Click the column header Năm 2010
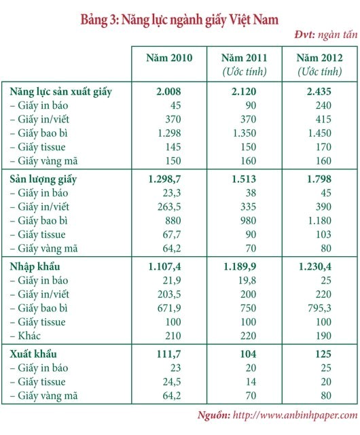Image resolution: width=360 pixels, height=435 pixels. pos(169,58)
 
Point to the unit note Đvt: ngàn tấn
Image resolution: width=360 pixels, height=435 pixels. pos(326,35)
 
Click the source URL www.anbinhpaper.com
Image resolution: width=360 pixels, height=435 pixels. pos(295,415)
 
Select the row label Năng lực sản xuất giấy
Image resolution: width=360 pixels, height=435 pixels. pos(60,92)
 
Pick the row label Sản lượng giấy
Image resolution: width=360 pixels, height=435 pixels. pos(43,179)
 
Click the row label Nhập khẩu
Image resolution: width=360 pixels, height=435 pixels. pos(35,267)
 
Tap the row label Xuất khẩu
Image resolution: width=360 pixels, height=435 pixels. pos(33,354)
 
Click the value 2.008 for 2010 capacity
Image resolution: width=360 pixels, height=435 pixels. pos(168,92)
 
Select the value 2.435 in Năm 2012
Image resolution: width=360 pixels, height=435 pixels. pos(319,92)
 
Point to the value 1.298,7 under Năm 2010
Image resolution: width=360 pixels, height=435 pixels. pos(164,179)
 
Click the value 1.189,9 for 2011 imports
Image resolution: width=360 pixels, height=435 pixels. pos(240,267)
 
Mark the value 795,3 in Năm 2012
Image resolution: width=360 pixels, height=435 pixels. pos(319,308)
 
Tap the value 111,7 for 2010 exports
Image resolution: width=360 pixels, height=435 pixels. pos(169,354)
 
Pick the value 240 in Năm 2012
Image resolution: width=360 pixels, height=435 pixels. pos(323,106)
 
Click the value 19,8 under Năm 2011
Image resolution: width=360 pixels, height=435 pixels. pos(247,281)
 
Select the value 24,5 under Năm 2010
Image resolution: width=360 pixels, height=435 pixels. pos(172,382)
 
